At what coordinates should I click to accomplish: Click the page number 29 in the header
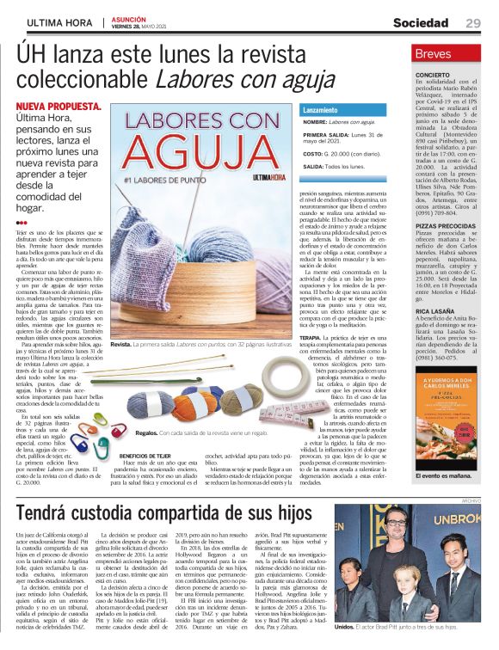point(474,22)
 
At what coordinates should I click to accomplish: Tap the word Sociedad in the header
point(423,22)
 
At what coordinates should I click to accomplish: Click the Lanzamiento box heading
point(320,111)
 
